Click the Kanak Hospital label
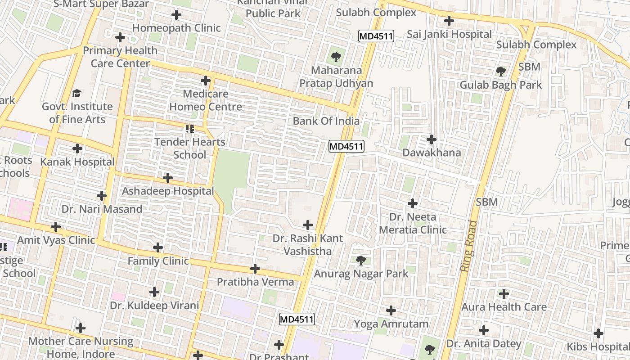pyautogui.click(x=77, y=162)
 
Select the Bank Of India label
pyautogui.click(x=326, y=121)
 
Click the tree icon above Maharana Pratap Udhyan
pyautogui.click(x=336, y=57)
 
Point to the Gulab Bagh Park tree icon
pyautogui.click(x=500, y=71)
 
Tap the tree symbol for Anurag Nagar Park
pyautogui.click(x=360, y=260)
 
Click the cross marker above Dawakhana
pyautogui.click(x=432, y=139)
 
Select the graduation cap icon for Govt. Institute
pyautogui.click(x=77, y=93)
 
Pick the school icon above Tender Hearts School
pyautogui.click(x=190, y=129)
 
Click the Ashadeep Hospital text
pyautogui.click(x=168, y=191)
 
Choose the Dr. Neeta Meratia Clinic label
pyautogui.click(x=413, y=223)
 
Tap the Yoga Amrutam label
pyautogui.click(x=391, y=324)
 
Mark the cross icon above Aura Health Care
pyautogui.click(x=504, y=294)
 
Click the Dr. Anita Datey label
pyautogui.click(x=484, y=344)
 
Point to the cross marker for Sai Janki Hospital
pyautogui.click(x=449, y=21)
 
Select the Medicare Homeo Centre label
pyautogui.click(x=206, y=100)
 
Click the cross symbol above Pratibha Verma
pyautogui.click(x=255, y=269)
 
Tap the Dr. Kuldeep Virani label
pyautogui.click(x=154, y=306)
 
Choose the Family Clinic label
pyautogui.click(x=158, y=261)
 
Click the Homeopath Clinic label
pyautogui.click(x=176, y=28)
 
